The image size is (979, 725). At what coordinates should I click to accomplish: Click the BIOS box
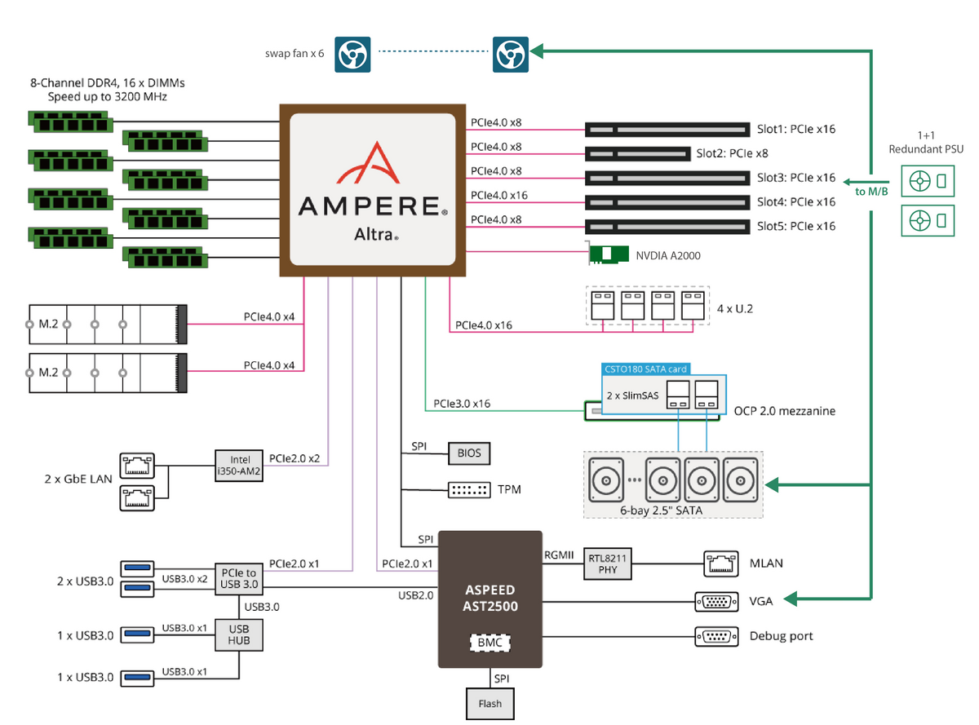coord(469,453)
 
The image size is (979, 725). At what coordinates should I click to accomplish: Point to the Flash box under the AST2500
coord(490,702)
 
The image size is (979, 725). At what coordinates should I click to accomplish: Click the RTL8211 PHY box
coord(609,564)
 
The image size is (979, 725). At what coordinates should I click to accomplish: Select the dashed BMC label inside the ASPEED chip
coord(490,643)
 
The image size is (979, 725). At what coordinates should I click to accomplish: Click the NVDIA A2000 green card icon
coord(609,254)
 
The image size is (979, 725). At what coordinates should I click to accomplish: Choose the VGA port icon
coord(716,601)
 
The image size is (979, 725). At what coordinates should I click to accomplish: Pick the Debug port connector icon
coord(716,635)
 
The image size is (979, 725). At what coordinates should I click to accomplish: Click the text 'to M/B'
coord(871,192)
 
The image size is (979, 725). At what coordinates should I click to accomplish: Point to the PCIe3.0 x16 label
coord(462,404)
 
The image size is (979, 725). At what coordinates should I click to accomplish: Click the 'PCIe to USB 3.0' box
coord(239,578)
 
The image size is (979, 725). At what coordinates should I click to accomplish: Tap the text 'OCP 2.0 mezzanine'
coord(784,411)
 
